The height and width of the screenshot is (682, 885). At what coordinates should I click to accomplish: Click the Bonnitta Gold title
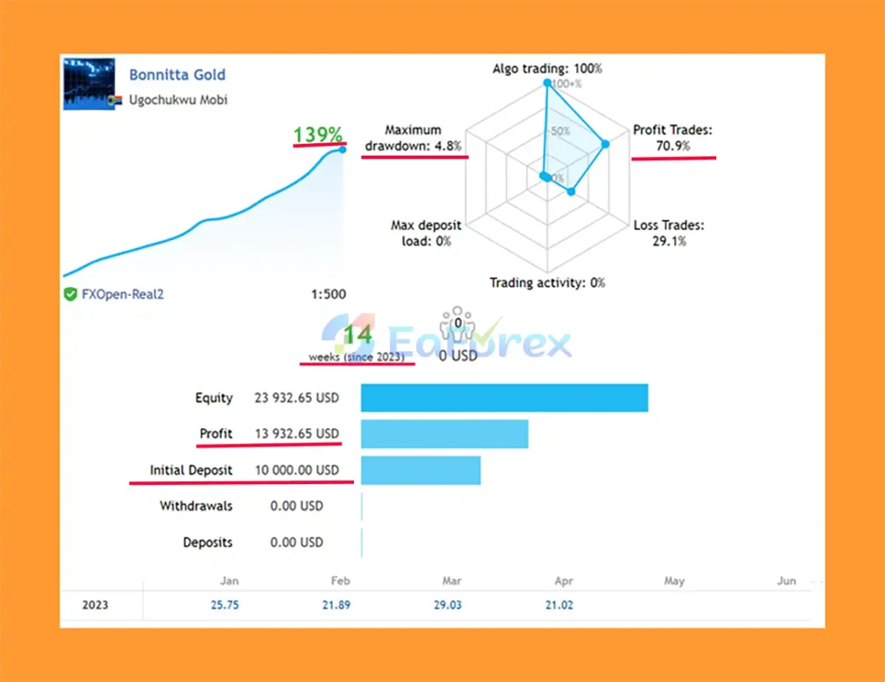point(177,75)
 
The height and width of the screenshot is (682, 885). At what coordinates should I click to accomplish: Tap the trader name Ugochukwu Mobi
point(178,100)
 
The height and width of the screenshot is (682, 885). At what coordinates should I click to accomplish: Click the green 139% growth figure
point(318,135)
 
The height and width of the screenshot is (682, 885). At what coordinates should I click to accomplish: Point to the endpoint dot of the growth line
point(343,150)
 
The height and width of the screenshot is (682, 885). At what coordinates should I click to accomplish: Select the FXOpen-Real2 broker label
point(122,294)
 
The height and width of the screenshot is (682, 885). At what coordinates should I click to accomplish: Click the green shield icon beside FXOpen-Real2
point(70,294)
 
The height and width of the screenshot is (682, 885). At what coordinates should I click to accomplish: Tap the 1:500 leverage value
point(328,294)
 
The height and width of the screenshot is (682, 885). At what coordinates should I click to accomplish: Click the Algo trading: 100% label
point(547,69)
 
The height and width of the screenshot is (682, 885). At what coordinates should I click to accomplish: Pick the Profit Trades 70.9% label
point(673,138)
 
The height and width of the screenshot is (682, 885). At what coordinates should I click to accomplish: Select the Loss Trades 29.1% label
point(669,232)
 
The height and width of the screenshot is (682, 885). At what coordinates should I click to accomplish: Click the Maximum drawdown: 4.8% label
point(413,138)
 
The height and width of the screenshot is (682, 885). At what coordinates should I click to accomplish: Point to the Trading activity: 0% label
point(547,282)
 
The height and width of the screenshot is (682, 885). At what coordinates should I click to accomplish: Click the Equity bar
point(504,398)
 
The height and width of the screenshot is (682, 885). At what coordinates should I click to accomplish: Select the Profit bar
point(445,434)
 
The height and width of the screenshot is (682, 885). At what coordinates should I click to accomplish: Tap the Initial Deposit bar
point(420,470)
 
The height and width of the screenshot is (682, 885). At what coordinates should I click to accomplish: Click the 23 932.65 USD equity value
point(296,398)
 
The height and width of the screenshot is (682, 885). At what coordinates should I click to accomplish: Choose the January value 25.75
point(224,605)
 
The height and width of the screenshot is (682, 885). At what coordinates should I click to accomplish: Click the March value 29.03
point(448,605)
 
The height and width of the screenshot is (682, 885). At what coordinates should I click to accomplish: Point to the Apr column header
point(563,581)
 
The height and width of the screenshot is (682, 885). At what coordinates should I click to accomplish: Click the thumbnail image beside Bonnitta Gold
point(89,83)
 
